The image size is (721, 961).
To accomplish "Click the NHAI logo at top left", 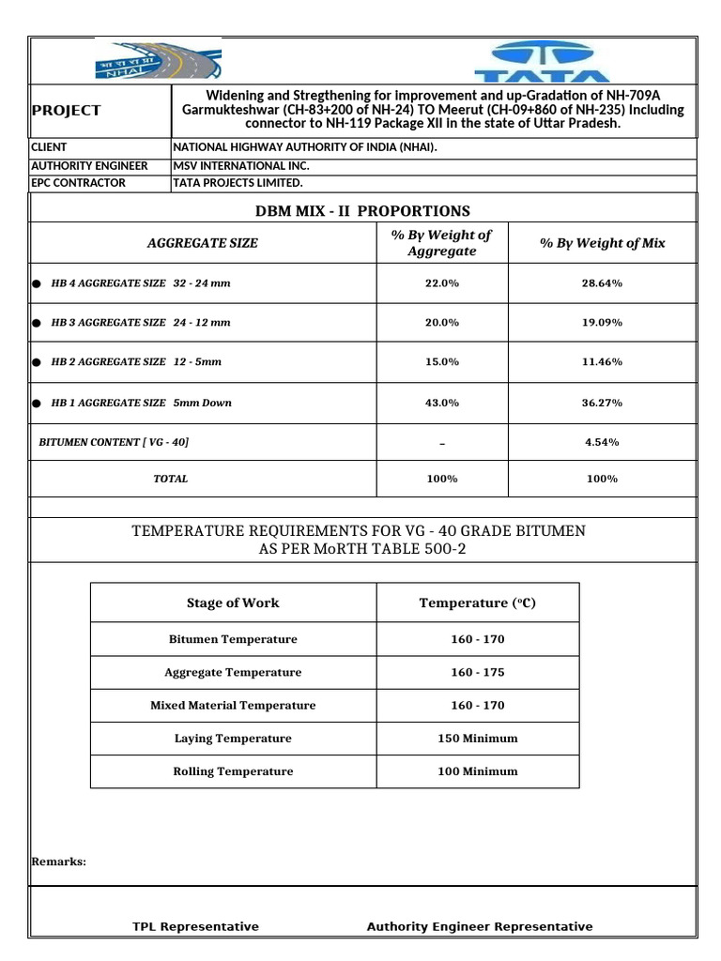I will point(158,61).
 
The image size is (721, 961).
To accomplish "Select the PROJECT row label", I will point(66,110).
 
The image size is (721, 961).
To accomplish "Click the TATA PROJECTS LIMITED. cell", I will point(238,182).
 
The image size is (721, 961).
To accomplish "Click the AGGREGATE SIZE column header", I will point(203,243).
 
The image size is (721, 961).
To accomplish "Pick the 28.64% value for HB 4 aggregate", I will point(602,282).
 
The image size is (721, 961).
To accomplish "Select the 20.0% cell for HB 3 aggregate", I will point(442,322).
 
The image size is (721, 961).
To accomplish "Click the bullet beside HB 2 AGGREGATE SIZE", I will point(37,362).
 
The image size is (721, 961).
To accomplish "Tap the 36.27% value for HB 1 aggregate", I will point(602,403).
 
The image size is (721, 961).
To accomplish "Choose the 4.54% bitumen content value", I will point(602,441).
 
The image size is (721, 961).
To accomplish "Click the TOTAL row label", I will point(171,479).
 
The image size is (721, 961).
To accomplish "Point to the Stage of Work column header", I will point(233,603).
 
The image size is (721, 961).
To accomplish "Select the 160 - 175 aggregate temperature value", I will point(477,672).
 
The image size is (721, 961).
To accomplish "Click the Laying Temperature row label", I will point(233,739).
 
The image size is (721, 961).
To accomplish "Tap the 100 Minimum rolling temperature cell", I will point(477,771).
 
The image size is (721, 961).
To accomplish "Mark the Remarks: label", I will point(59,861).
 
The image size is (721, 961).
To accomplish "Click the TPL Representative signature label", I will point(195,926).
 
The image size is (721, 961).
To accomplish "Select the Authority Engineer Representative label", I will point(480,926).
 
